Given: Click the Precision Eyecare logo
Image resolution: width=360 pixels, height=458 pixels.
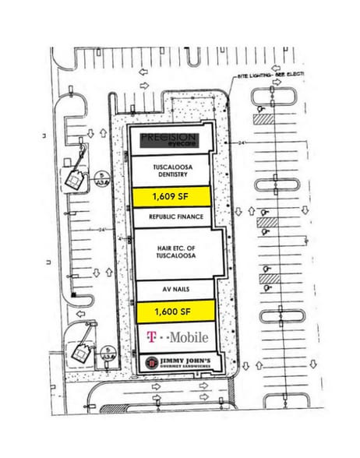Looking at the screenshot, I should click(x=170, y=140).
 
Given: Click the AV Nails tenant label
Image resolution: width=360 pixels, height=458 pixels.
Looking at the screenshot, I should click(x=175, y=289).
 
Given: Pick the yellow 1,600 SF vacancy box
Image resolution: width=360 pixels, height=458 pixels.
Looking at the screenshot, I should click(x=175, y=311).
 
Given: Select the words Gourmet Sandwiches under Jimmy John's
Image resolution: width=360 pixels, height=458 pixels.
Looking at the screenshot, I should click(x=188, y=367).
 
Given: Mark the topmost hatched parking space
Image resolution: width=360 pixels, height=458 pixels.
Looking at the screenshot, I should click(x=263, y=119).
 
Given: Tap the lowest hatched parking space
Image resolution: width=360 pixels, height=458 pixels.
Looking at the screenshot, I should click(x=269, y=278).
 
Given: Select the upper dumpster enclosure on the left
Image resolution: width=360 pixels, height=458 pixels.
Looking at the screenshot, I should click(x=75, y=181).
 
